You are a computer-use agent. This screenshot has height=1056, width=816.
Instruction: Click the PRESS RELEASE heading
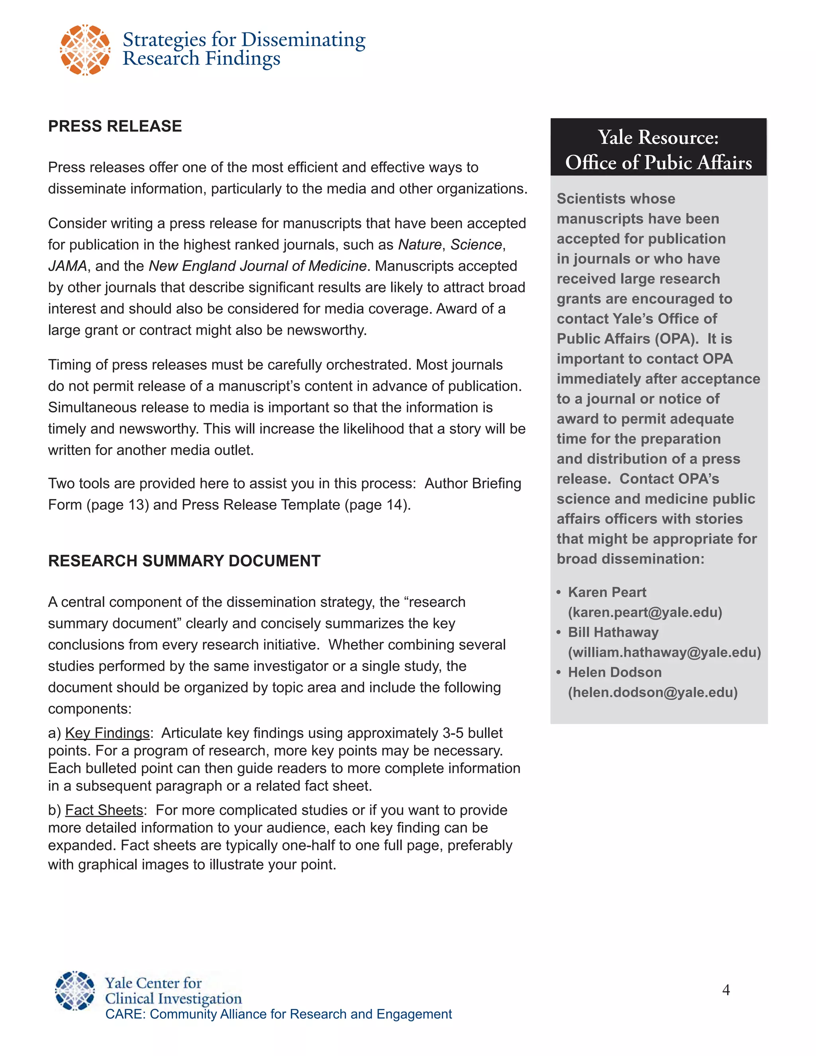click(x=115, y=126)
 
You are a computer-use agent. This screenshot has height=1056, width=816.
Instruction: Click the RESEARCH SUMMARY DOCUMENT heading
click(x=184, y=561)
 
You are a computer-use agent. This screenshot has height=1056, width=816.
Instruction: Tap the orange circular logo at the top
click(x=85, y=50)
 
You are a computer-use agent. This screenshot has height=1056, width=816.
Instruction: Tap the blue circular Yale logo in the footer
click(x=75, y=991)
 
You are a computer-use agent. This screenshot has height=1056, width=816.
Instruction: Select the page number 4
click(x=726, y=990)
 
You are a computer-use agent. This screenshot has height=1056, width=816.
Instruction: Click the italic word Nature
click(x=420, y=245)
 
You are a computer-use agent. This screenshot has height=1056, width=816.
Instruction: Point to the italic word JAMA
click(x=67, y=266)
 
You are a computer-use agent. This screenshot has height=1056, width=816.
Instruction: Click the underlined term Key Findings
click(x=107, y=733)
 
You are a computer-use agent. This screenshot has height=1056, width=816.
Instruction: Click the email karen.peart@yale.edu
click(x=645, y=612)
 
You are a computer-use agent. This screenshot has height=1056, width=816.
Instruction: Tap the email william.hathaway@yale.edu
click(x=664, y=652)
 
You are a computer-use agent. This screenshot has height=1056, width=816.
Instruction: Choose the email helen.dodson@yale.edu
click(x=653, y=693)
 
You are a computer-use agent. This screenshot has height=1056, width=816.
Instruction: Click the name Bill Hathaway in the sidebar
click(x=613, y=632)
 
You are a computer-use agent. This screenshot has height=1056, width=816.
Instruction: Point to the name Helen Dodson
click(x=614, y=672)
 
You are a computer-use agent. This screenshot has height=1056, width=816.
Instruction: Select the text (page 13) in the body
click(x=118, y=505)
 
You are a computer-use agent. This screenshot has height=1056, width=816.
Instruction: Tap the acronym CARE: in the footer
click(x=125, y=1014)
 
